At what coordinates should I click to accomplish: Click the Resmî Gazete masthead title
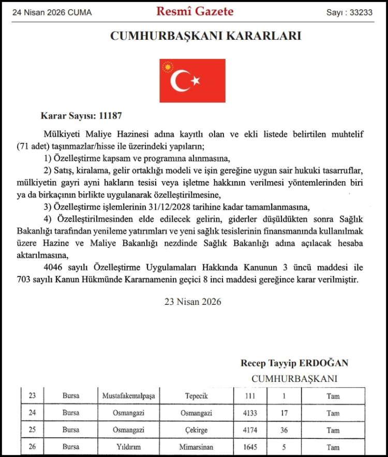coord(195,11)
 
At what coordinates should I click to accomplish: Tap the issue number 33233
coord(360,12)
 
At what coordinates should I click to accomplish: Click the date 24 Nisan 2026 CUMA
coord(52,12)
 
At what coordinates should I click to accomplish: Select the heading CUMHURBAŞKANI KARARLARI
coord(205,36)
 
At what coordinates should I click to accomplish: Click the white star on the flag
coord(196,81)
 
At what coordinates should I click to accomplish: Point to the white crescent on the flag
coord(181,80)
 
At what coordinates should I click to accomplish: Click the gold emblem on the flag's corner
coord(167,67)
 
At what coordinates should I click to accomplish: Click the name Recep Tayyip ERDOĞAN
coord(294,363)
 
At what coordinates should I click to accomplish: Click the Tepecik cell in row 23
coord(197,396)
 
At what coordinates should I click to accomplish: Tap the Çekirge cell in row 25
coord(197,430)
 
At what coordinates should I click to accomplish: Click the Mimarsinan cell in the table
coord(197,447)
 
